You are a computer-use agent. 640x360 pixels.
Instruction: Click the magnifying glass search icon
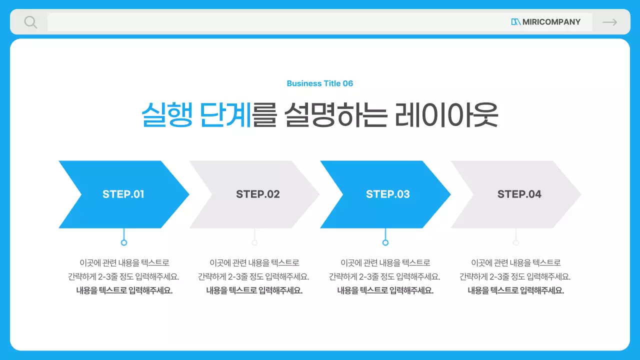point(30,22)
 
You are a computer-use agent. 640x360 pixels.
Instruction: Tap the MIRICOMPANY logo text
point(551,22)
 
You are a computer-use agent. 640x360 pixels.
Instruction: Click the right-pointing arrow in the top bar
point(609,22)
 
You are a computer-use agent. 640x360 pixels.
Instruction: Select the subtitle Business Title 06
point(320,83)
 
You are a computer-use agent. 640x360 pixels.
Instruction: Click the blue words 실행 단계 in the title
point(196,115)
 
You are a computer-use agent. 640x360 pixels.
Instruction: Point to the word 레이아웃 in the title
point(446,115)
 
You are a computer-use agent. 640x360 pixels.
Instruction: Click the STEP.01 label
point(123,194)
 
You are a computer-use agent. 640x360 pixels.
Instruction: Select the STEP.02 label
point(258,194)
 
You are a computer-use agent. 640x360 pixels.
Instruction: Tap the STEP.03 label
point(388,194)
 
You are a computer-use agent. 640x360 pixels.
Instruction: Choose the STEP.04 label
point(519,194)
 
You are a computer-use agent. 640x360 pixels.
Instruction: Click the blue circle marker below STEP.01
point(124,242)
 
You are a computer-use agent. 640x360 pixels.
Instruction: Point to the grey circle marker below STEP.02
point(254,242)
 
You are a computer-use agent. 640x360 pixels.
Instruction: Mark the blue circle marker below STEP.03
point(385,242)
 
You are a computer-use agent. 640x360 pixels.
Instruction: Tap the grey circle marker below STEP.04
point(516,242)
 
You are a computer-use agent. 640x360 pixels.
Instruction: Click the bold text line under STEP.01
point(124,290)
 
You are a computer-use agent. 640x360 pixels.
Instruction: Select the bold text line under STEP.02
point(254,290)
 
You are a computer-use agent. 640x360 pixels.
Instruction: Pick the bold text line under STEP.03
point(385,290)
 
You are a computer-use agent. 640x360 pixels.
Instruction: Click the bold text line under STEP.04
point(515,290)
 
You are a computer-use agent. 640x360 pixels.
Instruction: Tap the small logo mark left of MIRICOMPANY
point(516,22)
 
